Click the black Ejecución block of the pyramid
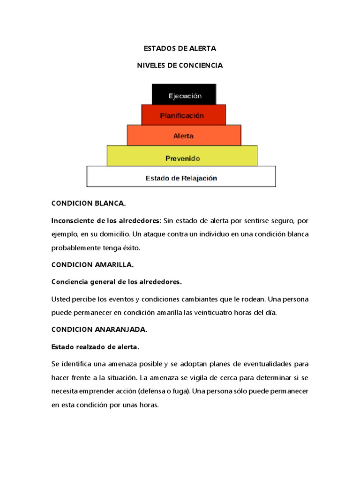tap(184, 95)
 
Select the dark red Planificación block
tap(183, 115)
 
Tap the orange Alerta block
tap(184, 135)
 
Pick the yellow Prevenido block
tap(182, 158)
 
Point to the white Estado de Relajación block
tap(181, 178)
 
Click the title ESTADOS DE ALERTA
tap(180, 49)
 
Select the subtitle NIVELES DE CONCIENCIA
tap(180, 66)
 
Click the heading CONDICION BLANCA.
tap(88, 203)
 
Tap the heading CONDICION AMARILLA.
tap(92, 265)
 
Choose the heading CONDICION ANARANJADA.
tap(99, 330)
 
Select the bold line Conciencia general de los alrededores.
tap(116, 282)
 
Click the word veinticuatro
tap(213, 313)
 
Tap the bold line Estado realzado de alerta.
tap(95, 347)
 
